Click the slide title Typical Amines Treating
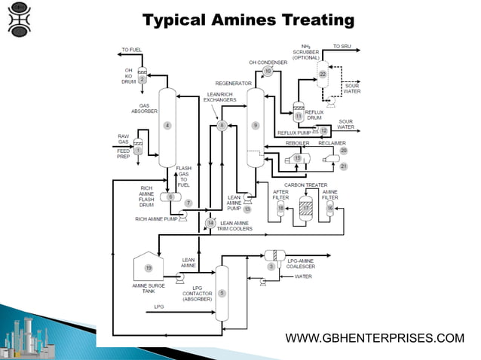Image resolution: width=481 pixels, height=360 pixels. [x=248, y=19]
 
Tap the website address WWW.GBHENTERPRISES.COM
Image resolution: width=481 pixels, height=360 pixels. [x=375, y=338]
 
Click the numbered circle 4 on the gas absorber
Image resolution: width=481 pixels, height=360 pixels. [x=167, y=125]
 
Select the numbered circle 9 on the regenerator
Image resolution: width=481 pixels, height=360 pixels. [x=256, y=125]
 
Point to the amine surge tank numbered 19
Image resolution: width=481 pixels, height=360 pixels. [x=149, y=268]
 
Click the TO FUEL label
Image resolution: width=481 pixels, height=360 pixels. [x=131, y=50]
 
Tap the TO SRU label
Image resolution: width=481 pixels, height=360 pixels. [x=342, y=47]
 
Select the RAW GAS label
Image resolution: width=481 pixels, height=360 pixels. [x=123, y=139]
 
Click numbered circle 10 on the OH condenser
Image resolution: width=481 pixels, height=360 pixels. [x=268, y=72]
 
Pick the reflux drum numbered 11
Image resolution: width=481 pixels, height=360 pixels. [x=299, y=116]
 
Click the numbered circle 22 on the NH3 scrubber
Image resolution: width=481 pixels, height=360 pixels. [x=323, y=75]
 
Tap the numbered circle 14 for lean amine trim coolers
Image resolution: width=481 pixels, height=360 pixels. [x=211, y=223]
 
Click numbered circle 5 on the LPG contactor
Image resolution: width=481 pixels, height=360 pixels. [x=222, y=292]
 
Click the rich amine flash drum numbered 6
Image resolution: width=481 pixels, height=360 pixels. [x=171, y=197]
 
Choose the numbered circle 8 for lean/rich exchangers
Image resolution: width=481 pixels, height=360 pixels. [x=222, y=126]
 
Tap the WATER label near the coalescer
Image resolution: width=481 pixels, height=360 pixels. [x=304, y=276]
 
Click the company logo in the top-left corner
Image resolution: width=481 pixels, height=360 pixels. [x=20, y=20]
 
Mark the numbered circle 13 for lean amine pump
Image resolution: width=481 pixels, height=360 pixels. [x=247, y=209]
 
